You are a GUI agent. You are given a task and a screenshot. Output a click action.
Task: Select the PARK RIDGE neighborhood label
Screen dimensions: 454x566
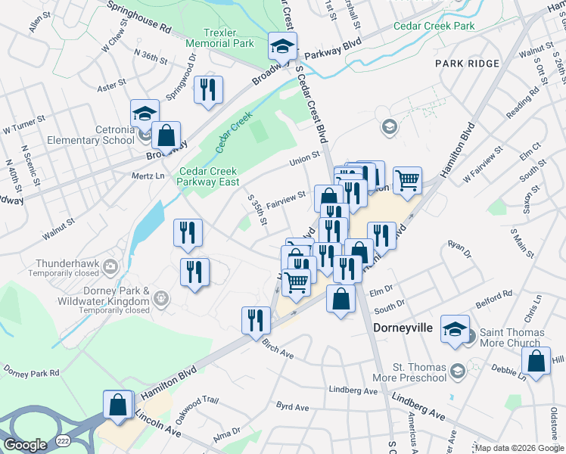[468, 64]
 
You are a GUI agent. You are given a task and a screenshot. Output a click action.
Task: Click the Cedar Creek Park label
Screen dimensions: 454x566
[434, 26]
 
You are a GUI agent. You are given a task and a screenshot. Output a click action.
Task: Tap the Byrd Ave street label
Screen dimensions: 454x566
[293, 408]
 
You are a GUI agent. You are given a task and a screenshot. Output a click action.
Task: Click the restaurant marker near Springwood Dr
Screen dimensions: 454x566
[207, 89]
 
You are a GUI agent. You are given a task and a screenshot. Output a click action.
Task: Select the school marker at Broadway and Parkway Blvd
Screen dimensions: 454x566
[282, 47]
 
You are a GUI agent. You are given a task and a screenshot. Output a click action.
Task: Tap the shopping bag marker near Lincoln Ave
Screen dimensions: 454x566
[119, 403]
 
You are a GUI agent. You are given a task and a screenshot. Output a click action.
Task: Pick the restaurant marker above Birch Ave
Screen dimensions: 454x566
[256, 319]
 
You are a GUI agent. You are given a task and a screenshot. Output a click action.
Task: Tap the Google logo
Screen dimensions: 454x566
[25, 445]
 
